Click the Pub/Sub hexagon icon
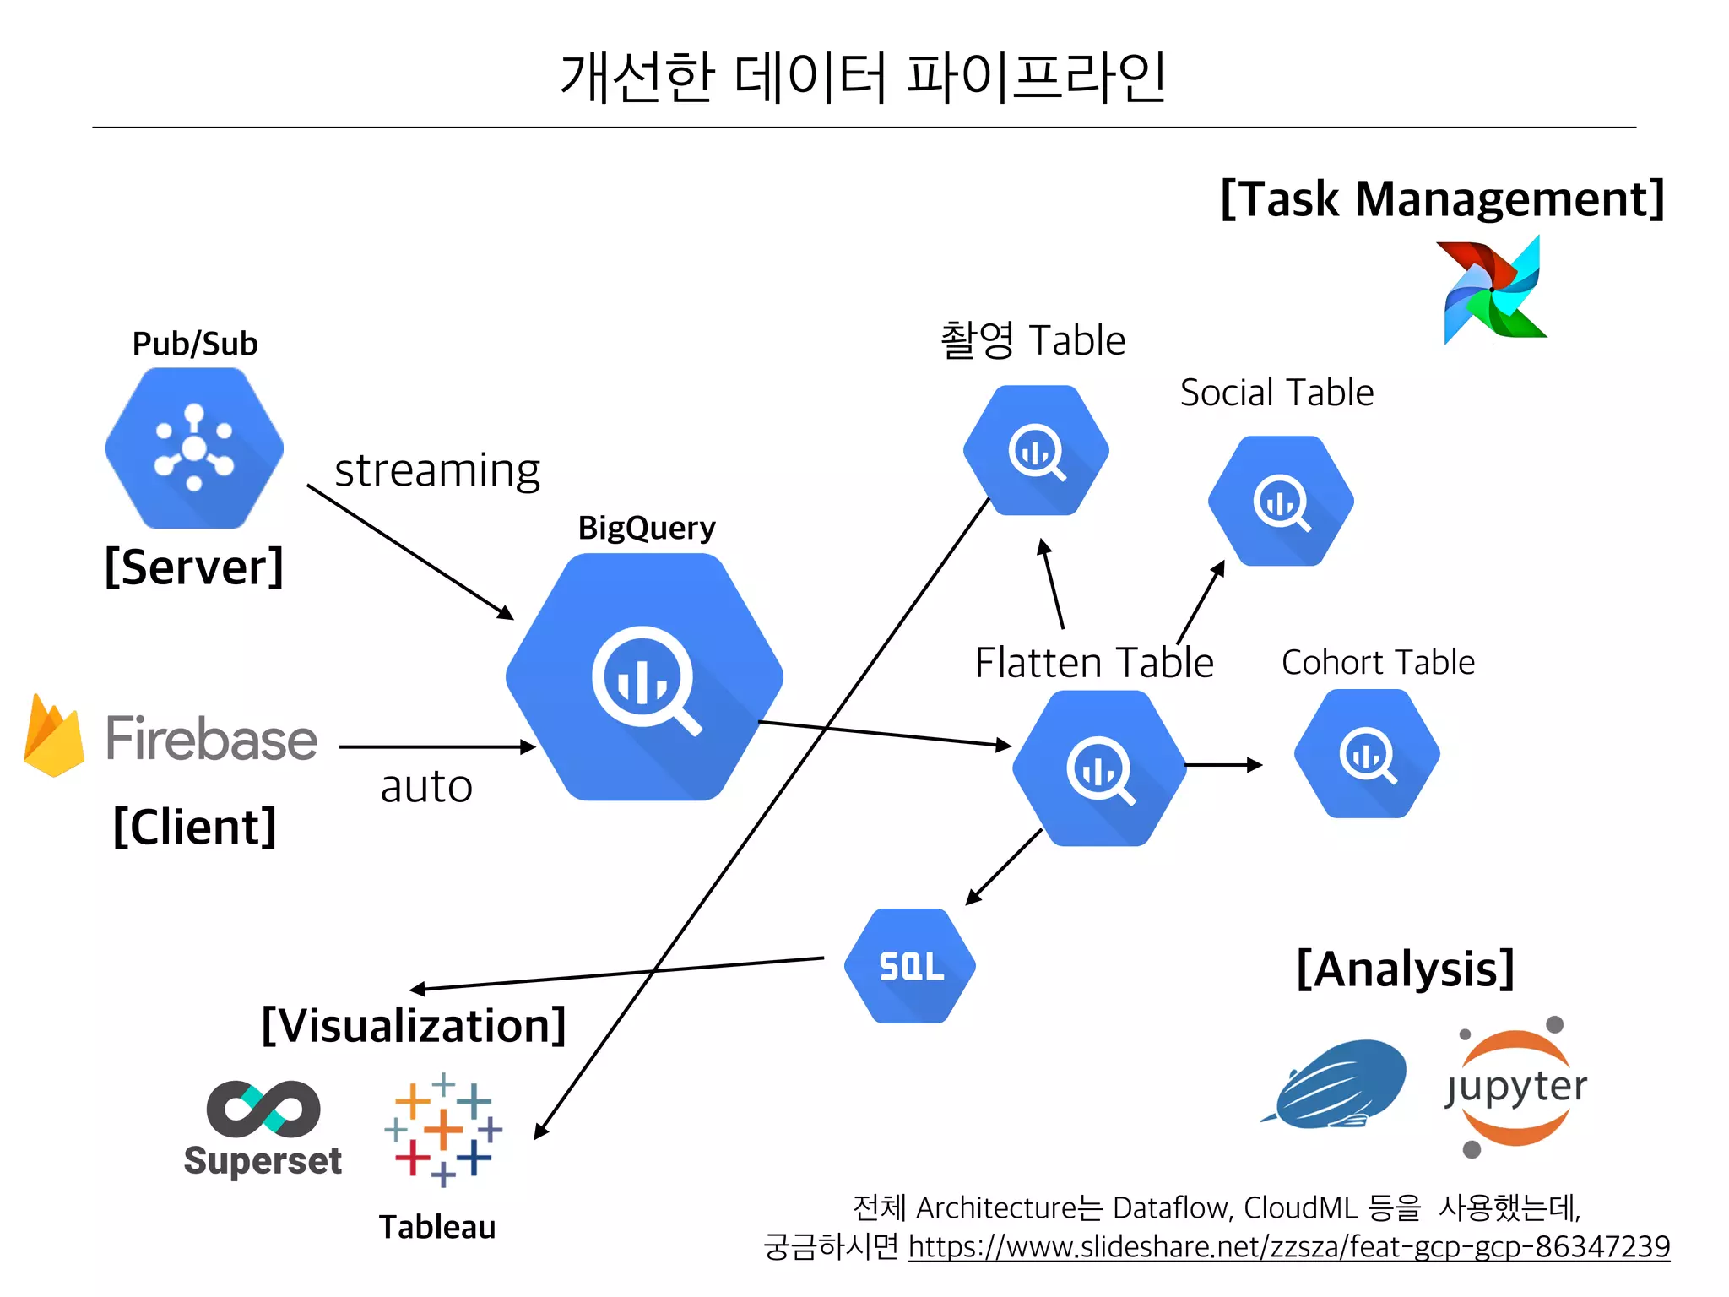[194, 448]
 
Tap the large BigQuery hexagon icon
[644, 677]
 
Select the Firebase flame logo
[54, 735]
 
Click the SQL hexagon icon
[910, 966]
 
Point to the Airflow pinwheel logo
[1493, 290]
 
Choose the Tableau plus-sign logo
[443, 1129]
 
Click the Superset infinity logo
[263, 1109]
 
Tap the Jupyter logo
[1515, 1088]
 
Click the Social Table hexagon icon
[1281, 501]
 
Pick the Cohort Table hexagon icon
[1367, 753]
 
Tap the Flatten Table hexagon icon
[1099, 768]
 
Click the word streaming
[437, 470]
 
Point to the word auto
[426, 786]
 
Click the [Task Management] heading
[1443, 199]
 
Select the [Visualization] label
[414, 1025]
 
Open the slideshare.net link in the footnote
[1288, 1246]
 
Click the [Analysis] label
[1406, 969]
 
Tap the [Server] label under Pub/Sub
[194, 567]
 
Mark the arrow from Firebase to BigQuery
[436, 747]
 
